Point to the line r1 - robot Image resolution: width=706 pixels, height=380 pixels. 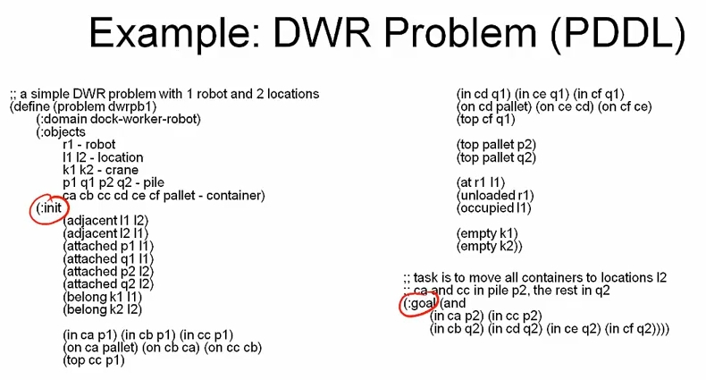(x=88, y=145)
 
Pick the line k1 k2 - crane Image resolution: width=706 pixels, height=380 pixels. (x=103, y=170)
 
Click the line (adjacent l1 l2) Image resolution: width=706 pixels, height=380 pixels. (x=105, y=220)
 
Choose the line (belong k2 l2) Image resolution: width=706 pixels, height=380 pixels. (x=103, y=309)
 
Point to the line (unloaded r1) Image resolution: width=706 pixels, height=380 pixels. (x=494, y=195)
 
